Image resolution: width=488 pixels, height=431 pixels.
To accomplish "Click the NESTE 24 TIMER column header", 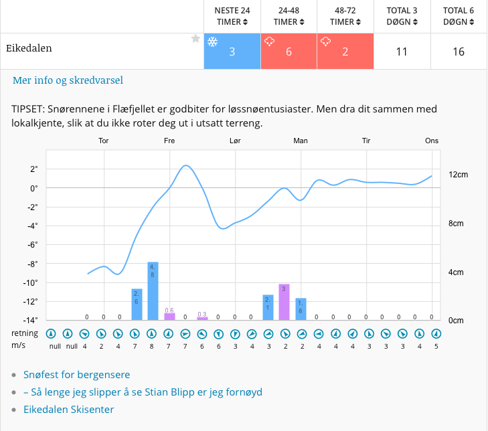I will pos(232,16).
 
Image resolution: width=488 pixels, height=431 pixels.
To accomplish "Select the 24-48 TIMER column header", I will pos(289,16).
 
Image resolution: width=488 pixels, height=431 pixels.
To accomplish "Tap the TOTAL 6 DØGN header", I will pos(459,16).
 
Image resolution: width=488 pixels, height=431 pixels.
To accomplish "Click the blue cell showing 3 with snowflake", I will pos(232,52).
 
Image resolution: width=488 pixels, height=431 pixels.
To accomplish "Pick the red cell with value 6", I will pos(289,52).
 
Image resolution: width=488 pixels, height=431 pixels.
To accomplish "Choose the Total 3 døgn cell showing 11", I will pos(402,52).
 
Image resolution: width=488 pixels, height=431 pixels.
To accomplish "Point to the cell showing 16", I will pos(459,52).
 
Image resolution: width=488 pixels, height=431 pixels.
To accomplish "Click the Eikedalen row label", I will pos(29,48).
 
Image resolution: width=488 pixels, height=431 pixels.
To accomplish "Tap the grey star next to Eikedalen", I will pos(195,39).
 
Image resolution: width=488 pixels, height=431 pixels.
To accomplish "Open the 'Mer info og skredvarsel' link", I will pos(68,80).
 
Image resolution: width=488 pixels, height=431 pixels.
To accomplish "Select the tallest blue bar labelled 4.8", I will pos(153,291).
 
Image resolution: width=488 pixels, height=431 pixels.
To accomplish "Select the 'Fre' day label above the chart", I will pos(169,141).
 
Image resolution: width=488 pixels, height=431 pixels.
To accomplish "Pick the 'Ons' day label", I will pos(432,141).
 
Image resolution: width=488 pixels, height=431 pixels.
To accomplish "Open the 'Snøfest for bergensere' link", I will pos(76,375).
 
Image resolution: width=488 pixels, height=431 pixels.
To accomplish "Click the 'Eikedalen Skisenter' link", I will pos(68,410).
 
